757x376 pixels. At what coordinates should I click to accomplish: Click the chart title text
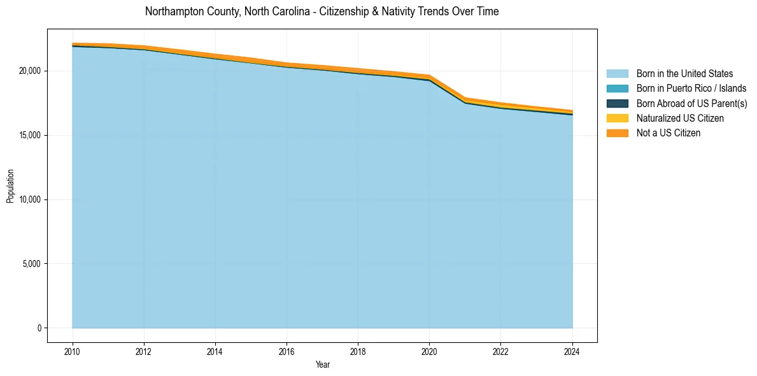[322, 11]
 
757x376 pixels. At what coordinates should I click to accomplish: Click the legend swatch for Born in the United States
[617, 74]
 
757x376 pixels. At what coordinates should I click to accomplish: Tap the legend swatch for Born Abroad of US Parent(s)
[617, 103]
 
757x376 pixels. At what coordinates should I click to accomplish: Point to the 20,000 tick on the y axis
[30, 71]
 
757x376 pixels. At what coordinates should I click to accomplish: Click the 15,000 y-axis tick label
[30, 135]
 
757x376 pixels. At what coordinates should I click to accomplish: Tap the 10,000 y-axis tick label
[30, 199]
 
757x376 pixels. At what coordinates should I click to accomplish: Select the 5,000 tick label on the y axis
[32, 264]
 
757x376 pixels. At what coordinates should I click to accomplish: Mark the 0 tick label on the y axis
[39, 328]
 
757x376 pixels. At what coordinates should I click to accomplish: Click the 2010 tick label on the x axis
[73, 351]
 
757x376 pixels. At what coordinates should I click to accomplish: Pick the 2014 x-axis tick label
[215, 351]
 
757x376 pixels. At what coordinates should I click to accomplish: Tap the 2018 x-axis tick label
[358, 351]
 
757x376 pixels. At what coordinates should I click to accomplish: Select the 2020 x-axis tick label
[429, 351]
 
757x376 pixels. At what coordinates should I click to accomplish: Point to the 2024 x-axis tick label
[572, 351]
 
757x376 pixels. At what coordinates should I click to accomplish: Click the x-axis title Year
[322, 365]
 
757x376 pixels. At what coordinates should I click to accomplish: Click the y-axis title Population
[10, 186]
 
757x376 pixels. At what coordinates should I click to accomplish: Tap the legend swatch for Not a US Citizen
[617, 133]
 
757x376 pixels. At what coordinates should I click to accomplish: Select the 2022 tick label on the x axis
[501, 351]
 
